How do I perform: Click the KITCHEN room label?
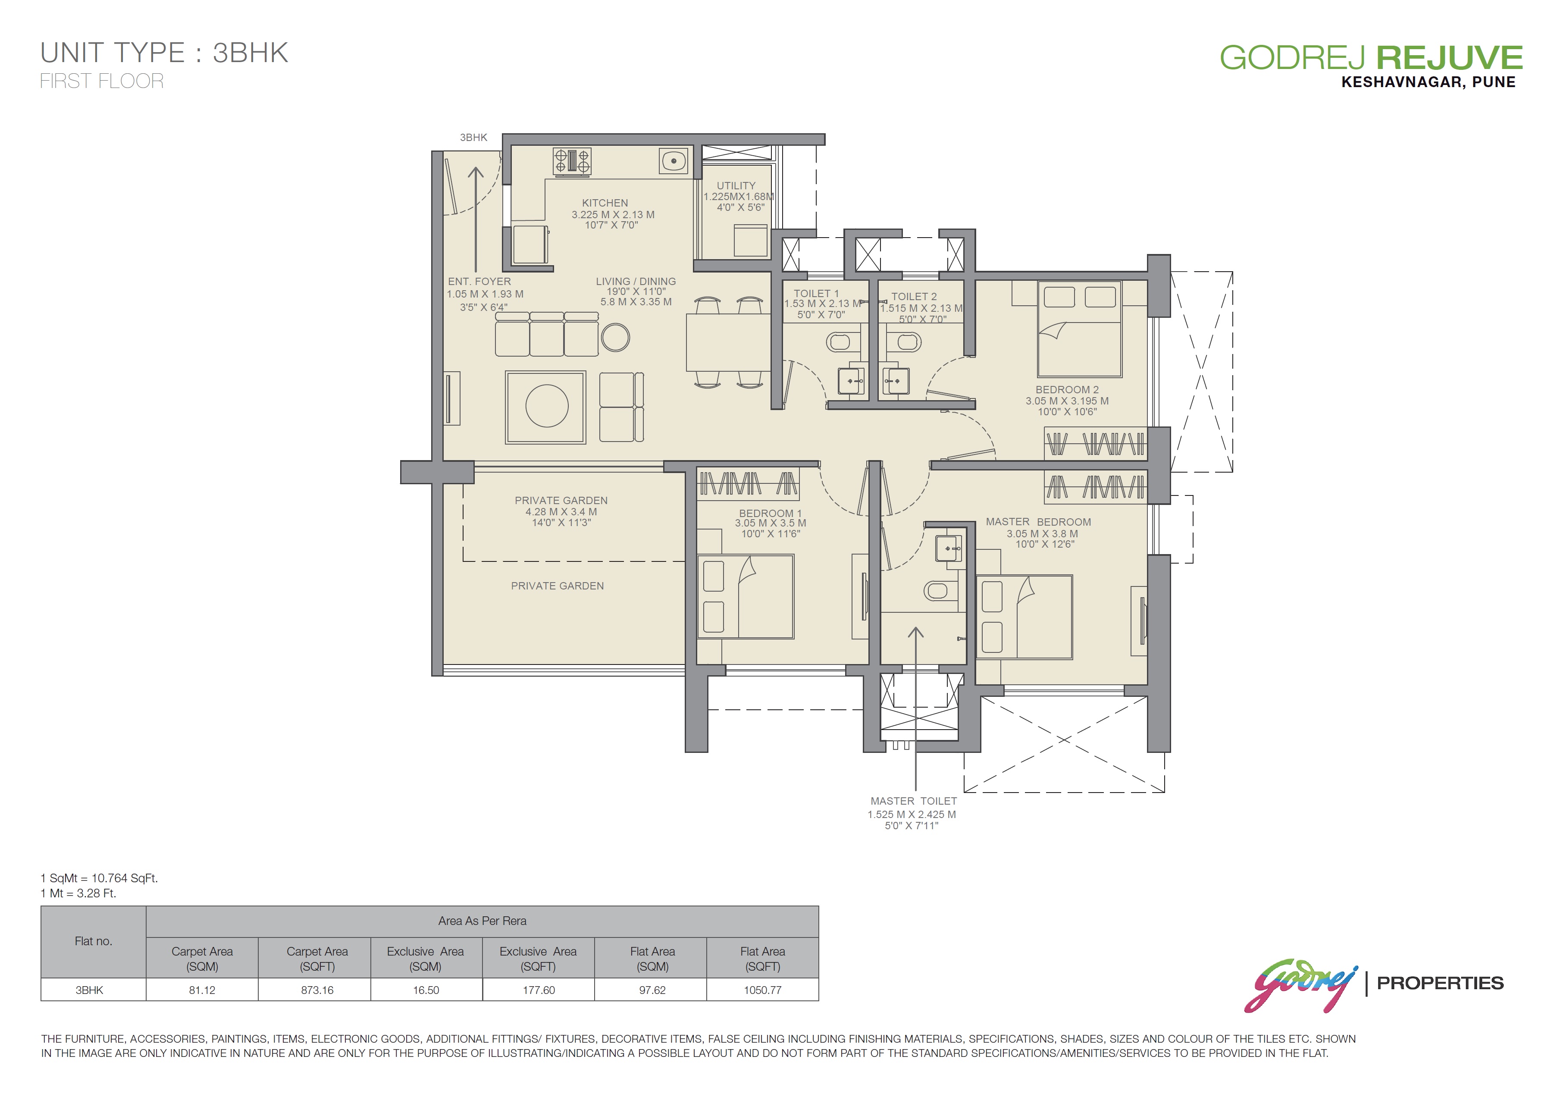pyautogui.click(x=605, y=203)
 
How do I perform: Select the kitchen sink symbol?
pyautogui.click(x=674, y=161)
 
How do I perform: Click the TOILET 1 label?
pyautogui.click(x=816, y=294)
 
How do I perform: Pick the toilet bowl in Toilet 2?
pyautogui.click(x=909, y=342)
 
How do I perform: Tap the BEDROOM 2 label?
pyautogui.click(x=1067, y=390)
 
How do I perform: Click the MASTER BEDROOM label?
pyautogui.click(x=1038, y=522)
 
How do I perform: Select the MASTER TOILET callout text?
pyautogui.click(x=913, y=801)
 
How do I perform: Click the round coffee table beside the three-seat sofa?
pyautogui.click(x=615, y=338)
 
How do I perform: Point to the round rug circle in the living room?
pyautogui.click(x=547, y=406)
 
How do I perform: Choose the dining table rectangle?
pyautogui.click(x=728, y=342)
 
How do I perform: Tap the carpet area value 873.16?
pyautogui.click(x=317, y=990)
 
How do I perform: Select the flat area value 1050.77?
pyautogui.click(x=763, y=990)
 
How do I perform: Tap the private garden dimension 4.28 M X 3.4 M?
pyautogui.click(x=561, y=511)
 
